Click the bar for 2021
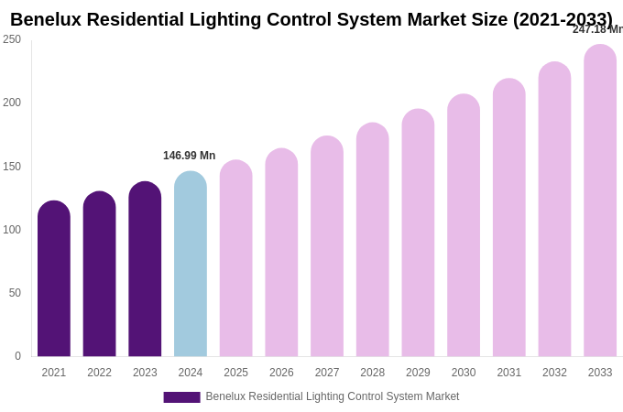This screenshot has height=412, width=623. pos(54,279)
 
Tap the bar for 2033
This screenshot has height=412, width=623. pos(600,201)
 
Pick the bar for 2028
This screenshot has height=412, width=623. pos(373,240)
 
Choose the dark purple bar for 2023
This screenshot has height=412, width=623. pos(145,269)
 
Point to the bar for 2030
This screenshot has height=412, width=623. pos(464,225)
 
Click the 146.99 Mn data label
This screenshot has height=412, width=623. pos(190,156)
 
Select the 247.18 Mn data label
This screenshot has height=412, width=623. pos(597,29)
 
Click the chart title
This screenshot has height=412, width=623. pos(311,19)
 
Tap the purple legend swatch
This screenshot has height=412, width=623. pos(181,397)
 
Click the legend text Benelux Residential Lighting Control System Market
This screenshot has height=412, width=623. pos(333,396)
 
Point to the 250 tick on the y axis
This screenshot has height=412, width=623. pos(12,39)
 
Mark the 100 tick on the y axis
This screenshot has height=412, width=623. pos(12,230)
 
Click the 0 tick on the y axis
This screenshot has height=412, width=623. pos(17,356)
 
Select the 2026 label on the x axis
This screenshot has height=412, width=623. pos(281,373)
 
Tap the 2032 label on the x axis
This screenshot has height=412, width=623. pos(554,373)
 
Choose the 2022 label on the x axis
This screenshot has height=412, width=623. pos(99,373)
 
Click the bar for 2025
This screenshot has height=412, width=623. pos(235,258)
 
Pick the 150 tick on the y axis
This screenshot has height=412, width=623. pos(12,167)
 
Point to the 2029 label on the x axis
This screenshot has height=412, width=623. pos(418,373)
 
